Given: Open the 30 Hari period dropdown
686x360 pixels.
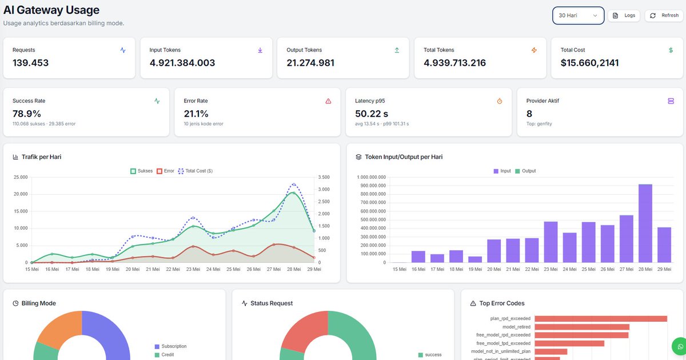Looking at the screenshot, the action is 578,15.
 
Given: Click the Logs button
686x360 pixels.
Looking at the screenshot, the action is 624,15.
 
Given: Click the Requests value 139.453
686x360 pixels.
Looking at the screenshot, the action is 31,63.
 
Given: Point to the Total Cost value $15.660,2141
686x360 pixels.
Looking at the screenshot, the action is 589,63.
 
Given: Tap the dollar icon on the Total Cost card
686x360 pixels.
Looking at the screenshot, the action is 671,50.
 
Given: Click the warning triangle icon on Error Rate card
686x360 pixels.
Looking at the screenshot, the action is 328,101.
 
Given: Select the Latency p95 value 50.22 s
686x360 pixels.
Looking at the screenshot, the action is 372,114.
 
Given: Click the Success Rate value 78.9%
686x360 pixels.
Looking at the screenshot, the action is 27,114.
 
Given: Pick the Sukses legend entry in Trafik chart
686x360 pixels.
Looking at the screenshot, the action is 142,171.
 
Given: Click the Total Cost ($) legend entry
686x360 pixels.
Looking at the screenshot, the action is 196,171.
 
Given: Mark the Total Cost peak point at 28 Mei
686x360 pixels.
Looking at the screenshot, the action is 294,184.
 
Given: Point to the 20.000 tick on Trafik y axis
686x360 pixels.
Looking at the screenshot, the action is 21,194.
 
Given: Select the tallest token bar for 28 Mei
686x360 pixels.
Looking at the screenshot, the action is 645,223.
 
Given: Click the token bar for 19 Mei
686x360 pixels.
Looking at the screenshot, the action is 475,259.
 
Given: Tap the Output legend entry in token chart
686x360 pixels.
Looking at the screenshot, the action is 525,171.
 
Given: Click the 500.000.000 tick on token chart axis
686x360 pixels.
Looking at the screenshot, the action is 371,220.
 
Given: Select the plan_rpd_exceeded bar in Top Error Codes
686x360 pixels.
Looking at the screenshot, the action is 601,319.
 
